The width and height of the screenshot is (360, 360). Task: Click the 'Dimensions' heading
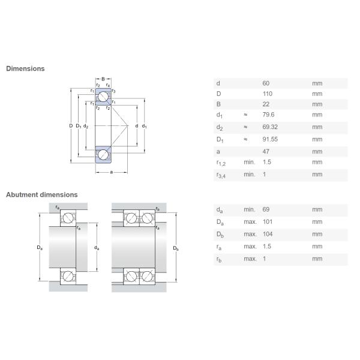tap(25, 68)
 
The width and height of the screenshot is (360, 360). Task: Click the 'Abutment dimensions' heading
tap(42, 194)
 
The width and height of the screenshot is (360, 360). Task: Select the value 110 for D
tap(267, 94)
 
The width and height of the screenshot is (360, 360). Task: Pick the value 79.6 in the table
tap(268, 115)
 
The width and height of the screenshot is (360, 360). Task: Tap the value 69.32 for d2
tap(270, 127)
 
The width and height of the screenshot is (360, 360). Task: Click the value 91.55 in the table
tap(270, 139)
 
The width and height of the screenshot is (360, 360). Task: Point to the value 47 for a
tap(266, 152)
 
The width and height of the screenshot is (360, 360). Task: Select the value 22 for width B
tap(266, 104)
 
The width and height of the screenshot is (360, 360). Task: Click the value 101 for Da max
tap(268, 222)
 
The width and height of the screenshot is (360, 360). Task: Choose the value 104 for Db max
tap(268, 234)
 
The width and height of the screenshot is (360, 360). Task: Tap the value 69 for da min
tap(266, 209)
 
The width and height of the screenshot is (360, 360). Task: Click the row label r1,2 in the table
tap(221, 163)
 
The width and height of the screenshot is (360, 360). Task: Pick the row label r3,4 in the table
tap(221, 175)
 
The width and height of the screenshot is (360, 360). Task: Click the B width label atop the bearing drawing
tap(103, 79)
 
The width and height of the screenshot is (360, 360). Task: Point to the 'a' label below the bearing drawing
tap(112, 172)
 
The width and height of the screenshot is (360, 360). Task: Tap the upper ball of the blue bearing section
tap(103, 97)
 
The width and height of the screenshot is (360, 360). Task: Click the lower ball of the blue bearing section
tap(103, 155)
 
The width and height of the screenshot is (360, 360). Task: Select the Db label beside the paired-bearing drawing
tap(176, 248)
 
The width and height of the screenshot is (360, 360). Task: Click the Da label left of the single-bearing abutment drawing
tap(40, 247)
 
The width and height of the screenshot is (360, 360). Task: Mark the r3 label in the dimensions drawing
tap(113, 91)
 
